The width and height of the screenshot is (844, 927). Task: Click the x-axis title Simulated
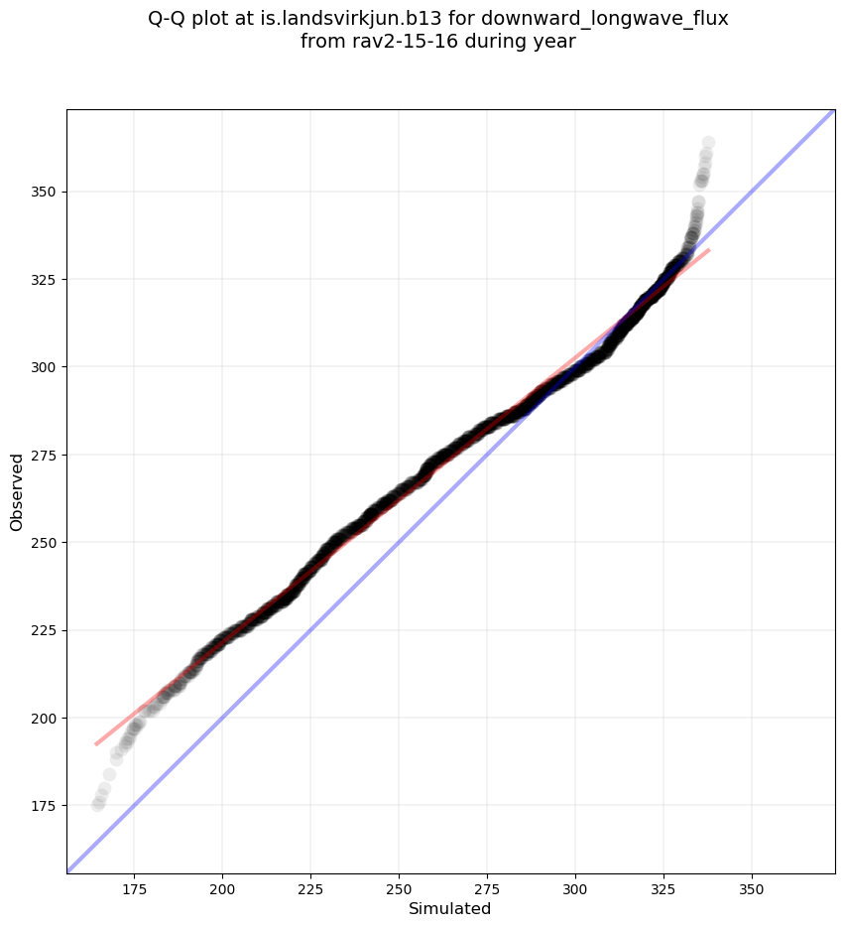[450, 908]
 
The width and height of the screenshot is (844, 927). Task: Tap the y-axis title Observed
[17, 491]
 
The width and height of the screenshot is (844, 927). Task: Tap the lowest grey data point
[97, 805]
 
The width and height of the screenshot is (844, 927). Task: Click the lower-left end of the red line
[96, 743]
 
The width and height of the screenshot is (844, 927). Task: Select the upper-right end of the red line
[708, 250]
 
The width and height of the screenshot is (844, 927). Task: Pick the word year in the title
[555, 42]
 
